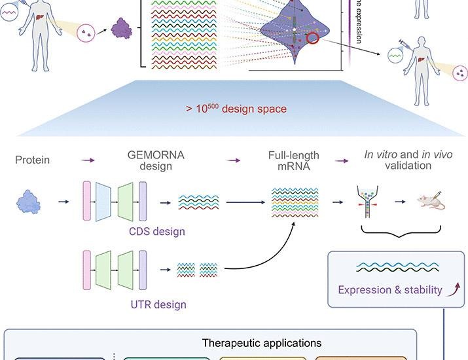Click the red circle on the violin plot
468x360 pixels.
313,38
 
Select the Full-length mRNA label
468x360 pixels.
293,160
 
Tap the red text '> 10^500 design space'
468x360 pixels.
237,109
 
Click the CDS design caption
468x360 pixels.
156,231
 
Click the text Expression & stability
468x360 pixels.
390,289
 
